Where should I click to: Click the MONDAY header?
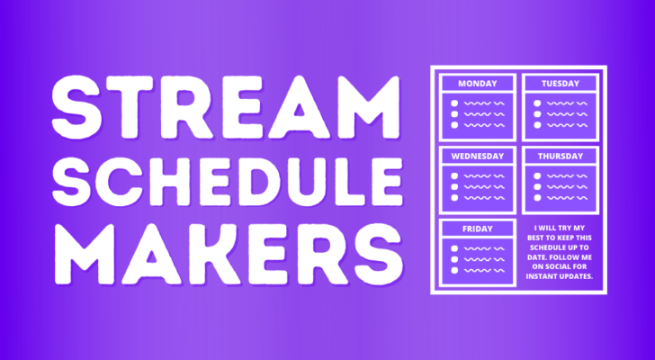click(x=478, y=84)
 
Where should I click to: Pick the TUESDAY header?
click(x=560, y=84)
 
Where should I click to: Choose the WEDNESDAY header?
click(x=478, y=156)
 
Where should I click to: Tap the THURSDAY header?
click(x=560, y=156)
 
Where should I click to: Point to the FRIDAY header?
click(x=478, y=229)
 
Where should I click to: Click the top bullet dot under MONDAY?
click(x=454, y=103)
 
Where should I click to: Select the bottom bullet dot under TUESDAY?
click(x=536, y=126)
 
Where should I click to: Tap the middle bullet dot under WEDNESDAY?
click(x=454, y=187)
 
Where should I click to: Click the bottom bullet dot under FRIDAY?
click(x=454, y=271)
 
